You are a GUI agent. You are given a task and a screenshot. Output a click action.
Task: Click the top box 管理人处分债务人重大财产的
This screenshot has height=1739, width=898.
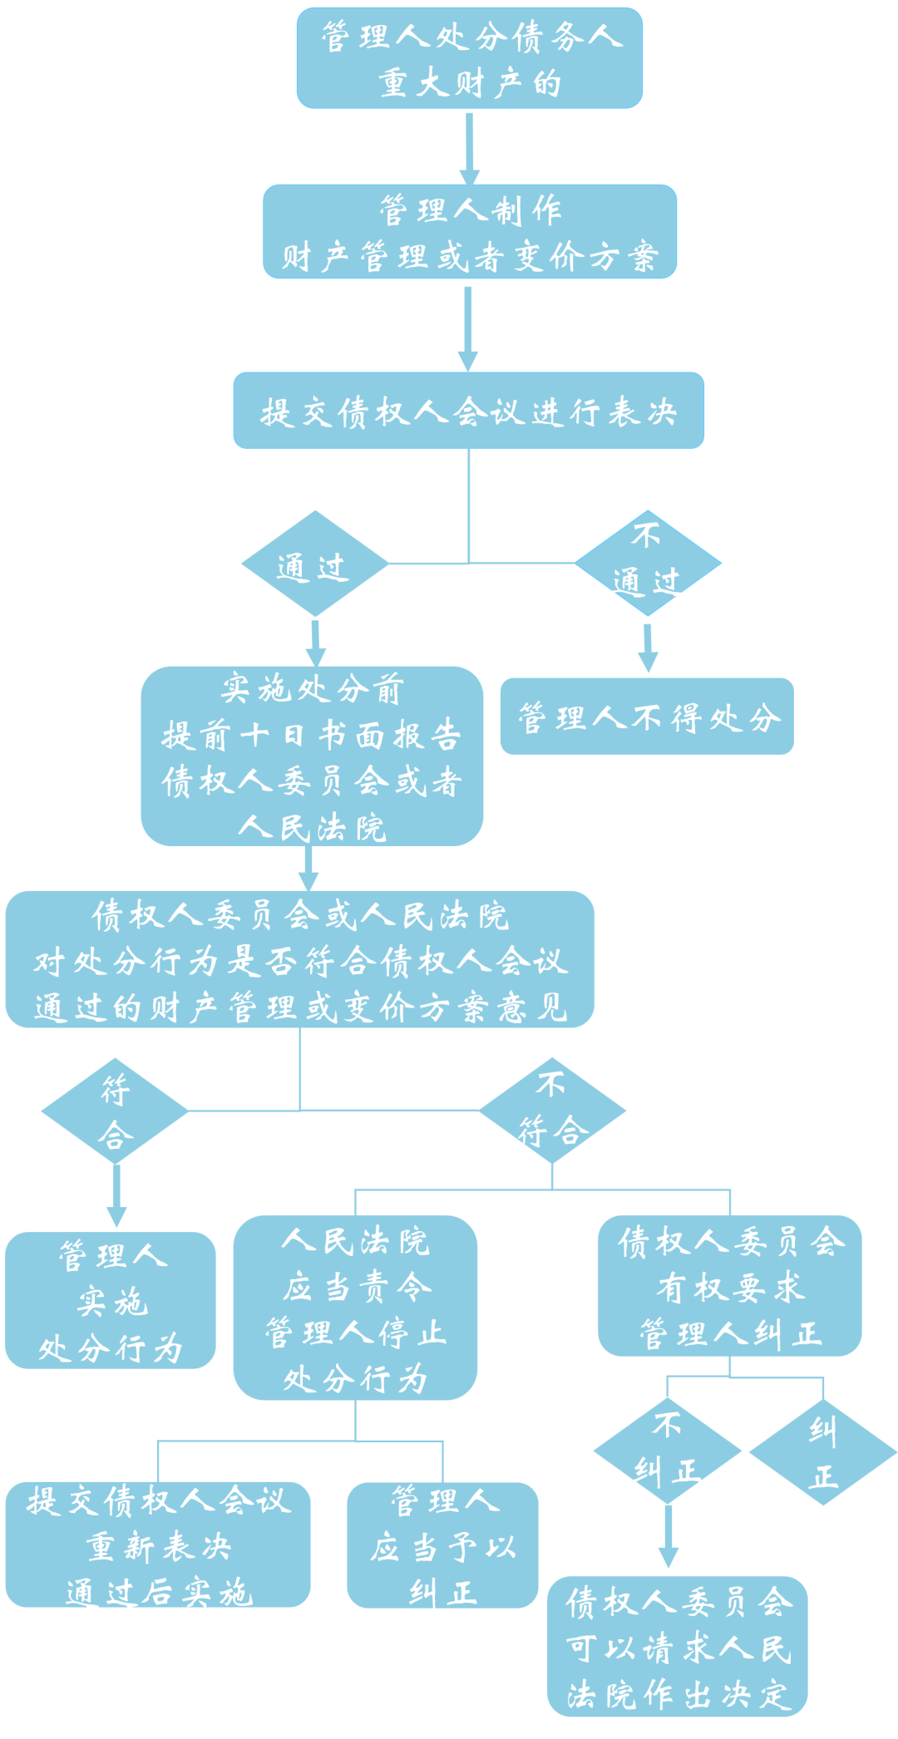pyautogui.click(x=470, y=58)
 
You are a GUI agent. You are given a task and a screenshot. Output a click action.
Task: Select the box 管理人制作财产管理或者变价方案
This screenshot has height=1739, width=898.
pyautogui.click(x=470, y=232)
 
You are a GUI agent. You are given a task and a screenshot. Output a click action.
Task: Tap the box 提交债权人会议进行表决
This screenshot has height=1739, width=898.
pyautogui.click(x=468, y=411)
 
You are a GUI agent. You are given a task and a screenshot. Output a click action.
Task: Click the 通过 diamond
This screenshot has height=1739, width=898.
pyautogui.click(x=314, y=564)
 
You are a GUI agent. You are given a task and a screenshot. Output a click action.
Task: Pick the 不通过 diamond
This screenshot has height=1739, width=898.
pyautogui.click(x=648, y=564)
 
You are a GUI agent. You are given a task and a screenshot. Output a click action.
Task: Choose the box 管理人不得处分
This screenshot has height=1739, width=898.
pyautogui.click(x=647, y=717)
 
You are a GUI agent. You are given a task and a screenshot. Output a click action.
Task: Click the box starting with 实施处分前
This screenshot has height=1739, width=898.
pyautogui.click(x=312, y=756)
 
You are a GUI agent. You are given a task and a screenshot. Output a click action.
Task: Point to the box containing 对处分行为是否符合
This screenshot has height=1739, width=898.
pyautogui.click(x=299, y=960)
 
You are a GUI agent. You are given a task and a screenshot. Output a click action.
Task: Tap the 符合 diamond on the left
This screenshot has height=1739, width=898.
pyautogui.click(x=115, y=1111)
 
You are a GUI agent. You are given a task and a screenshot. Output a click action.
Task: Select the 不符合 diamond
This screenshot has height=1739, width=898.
pyautogui.click(x=552, y=1111)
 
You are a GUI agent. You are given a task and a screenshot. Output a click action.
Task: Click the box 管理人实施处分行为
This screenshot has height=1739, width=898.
pyautogui.click(x=111, y=1300)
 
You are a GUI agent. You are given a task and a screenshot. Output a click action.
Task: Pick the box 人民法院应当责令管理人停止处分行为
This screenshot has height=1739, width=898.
pyautogui.click(x=355, y=1308)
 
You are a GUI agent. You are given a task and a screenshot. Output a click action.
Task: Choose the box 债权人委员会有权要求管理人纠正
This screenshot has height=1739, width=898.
pyautogui.click(x=729, y=1286)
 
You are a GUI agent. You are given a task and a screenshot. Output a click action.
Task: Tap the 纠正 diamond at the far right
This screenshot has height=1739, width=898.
pyautogui.click(x=823, y=1452)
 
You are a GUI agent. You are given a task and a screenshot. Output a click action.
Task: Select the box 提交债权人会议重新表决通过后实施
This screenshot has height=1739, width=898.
pyautogui.click(x=158, y=1545)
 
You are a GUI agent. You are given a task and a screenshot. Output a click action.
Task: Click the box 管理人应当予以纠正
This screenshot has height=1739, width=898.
pyautogui.click(x=442, y=1545)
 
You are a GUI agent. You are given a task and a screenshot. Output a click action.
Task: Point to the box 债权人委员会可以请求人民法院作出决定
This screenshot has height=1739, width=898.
pyautogui.click(x=678, y=1647)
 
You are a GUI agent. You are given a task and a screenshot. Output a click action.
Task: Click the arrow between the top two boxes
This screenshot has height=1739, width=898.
pyautogui.click(x=470, y=147)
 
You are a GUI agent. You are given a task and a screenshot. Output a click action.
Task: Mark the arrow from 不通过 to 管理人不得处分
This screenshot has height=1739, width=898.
pyautogui.click(x=648, y=648)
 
